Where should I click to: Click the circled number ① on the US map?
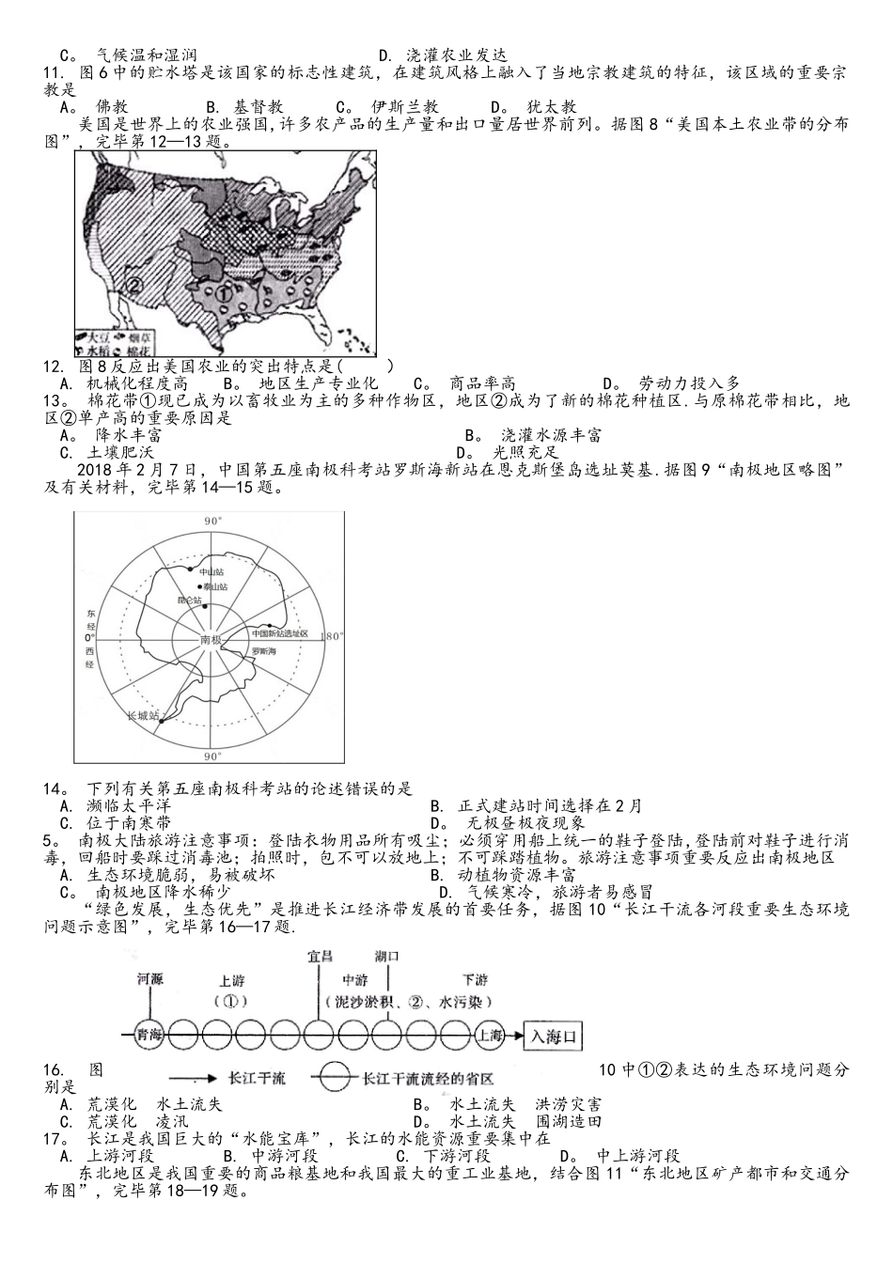224,292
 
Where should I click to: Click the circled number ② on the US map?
133,285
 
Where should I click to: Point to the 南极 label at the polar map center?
211,640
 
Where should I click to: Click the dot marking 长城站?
163,722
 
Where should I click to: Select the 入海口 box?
554,1037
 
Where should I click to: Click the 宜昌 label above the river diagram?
321,958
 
